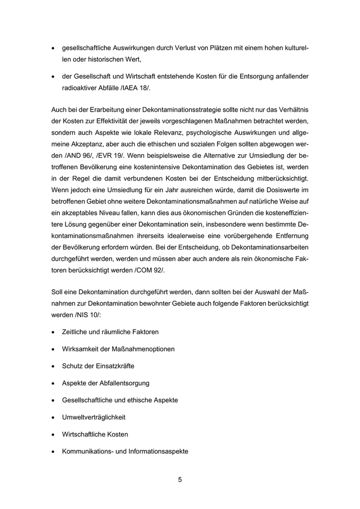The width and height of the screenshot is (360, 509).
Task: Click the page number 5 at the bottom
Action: coord(180,480)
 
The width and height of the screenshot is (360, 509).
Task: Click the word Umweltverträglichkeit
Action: coord(94,417)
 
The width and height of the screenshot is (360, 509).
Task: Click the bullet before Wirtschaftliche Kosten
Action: coord(54,434)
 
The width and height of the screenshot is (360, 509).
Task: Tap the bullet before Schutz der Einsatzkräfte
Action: coord(54,366)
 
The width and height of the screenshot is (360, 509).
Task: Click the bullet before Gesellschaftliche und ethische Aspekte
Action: coord(54,400)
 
